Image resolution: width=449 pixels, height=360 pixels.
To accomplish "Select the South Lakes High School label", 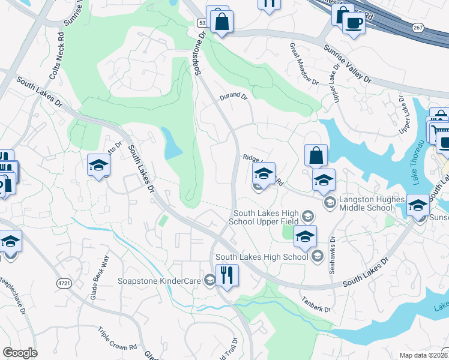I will click(261, 257).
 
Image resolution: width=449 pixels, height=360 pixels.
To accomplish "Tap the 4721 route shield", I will click(64, 283).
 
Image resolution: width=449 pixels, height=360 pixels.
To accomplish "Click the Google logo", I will click(20, 353).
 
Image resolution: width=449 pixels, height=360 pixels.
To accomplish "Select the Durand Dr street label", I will click(234, 96).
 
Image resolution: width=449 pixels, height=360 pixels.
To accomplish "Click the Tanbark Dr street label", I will click(316, 305).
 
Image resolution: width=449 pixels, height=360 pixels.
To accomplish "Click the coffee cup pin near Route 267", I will click(353, 23).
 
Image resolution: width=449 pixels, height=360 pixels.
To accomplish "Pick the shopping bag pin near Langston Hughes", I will click(316, 156).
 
